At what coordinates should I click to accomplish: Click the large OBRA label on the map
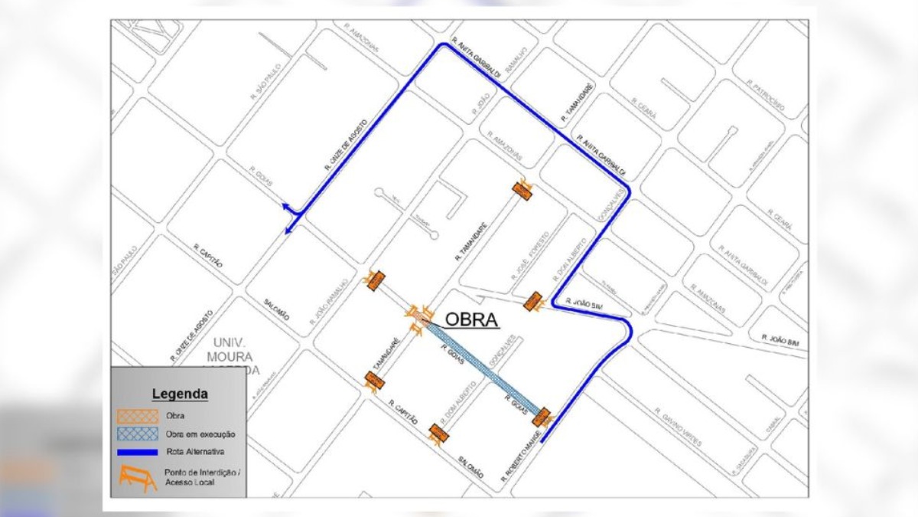click(x=472, y=319)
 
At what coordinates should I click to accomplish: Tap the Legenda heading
click(x=180, y=394)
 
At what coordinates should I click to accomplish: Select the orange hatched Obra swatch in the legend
click(x=138, y=416)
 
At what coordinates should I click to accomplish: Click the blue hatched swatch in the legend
click(x=138, y=434)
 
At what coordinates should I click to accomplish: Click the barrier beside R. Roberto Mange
click(x=542, y=417)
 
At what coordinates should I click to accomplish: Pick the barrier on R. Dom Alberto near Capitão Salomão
click(x=438, y=434)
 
